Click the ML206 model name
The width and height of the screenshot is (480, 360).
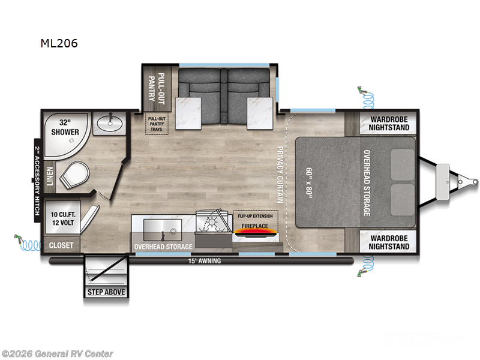(59, 43)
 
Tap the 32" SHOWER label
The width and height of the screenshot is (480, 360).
(65, 127)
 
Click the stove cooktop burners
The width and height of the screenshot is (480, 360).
(212, 228)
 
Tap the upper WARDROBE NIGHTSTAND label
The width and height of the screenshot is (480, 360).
(385, 123)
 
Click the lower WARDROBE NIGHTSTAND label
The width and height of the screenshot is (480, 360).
(385, 242)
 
